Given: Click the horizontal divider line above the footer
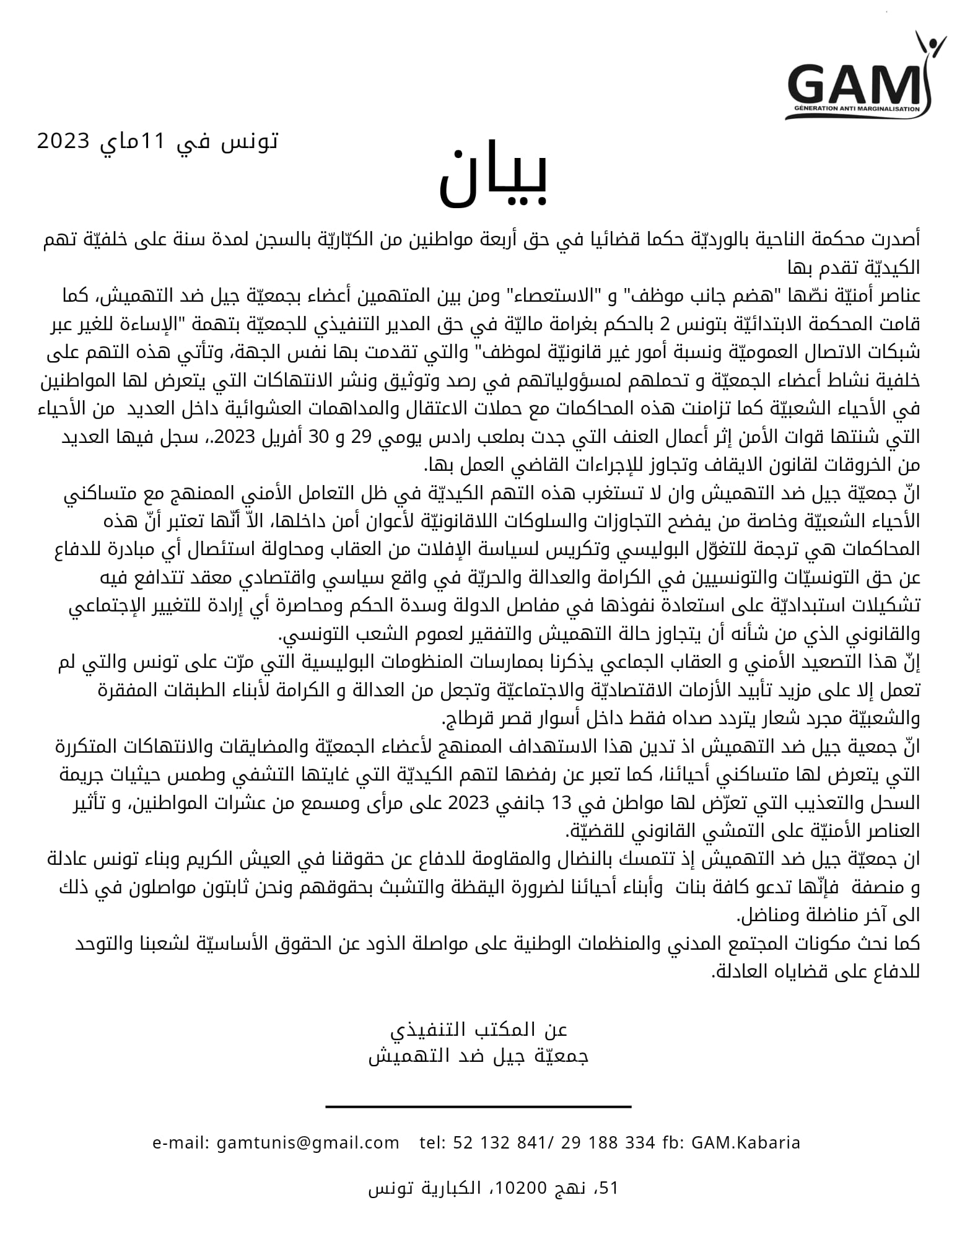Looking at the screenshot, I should [x=478, y=1106].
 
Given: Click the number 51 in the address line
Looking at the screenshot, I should [x=610, y=1188].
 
